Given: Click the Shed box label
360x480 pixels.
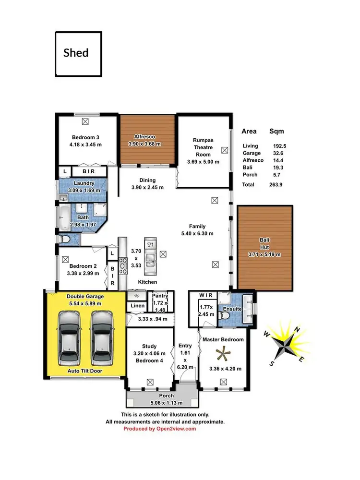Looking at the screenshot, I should (76, 52).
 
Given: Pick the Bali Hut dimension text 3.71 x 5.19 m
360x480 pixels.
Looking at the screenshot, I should (264, 254).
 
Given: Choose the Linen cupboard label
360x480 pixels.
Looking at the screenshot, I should (136, 306).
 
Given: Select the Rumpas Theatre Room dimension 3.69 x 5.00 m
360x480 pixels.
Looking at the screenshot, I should (203, 162).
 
